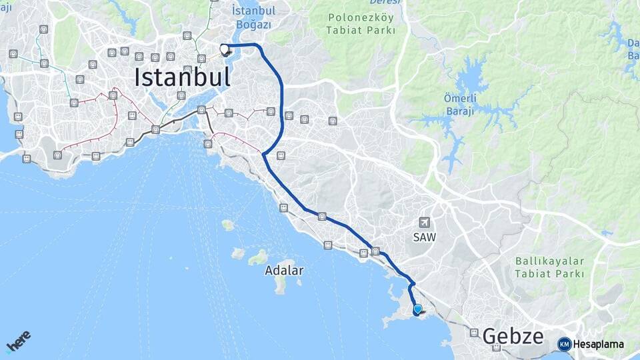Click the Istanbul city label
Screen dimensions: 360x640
[182, 77]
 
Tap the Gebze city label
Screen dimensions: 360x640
[513, 336]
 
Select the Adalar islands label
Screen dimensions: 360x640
[284, 271]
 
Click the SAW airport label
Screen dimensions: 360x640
[424, 237]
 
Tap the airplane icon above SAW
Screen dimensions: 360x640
[424, 222]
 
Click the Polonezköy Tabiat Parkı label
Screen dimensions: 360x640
[361, 23]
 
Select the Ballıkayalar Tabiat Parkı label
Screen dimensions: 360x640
[549, 267]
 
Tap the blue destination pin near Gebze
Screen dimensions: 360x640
[418, 309]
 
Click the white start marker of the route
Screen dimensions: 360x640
[225, 48]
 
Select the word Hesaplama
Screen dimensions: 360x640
[598, 345]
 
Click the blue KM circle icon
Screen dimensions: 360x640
[564, 344]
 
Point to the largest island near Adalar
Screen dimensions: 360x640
[280, 283]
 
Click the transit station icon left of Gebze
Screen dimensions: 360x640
[473, 333]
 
